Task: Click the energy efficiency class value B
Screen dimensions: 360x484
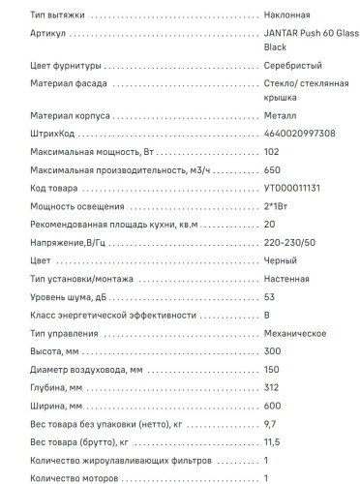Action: click(266, 316)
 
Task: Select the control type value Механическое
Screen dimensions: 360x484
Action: click(294, 333)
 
